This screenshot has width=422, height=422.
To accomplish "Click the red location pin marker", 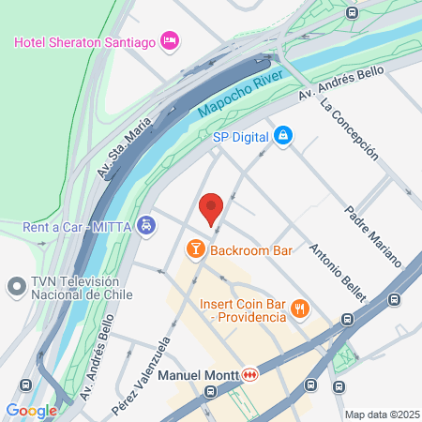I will pyautogui.click(x=211, y=207).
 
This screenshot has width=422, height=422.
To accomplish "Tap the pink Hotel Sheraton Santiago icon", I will pyautogui.click(x=170, y=40).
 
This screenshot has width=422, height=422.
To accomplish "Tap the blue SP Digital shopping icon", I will pyautogui.click(x=282, y=137).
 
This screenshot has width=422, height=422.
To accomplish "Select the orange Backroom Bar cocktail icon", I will pyautogui.click(x=195, y=249).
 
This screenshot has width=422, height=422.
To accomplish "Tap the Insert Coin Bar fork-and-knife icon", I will pyautogui.click(x=300, y=309).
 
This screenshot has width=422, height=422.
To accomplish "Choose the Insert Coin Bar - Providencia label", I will pyautogui.click(x=243, y=310).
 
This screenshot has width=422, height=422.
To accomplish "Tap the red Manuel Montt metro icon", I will pyautogui.click(x=249, y=375).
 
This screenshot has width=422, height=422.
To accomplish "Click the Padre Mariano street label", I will pyautogui.click(x=372, y=235).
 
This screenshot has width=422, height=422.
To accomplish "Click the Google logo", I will pyautogui.click(x=31, y=411).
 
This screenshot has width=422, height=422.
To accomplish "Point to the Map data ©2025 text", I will pyautogui.click(x=380, y=414).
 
